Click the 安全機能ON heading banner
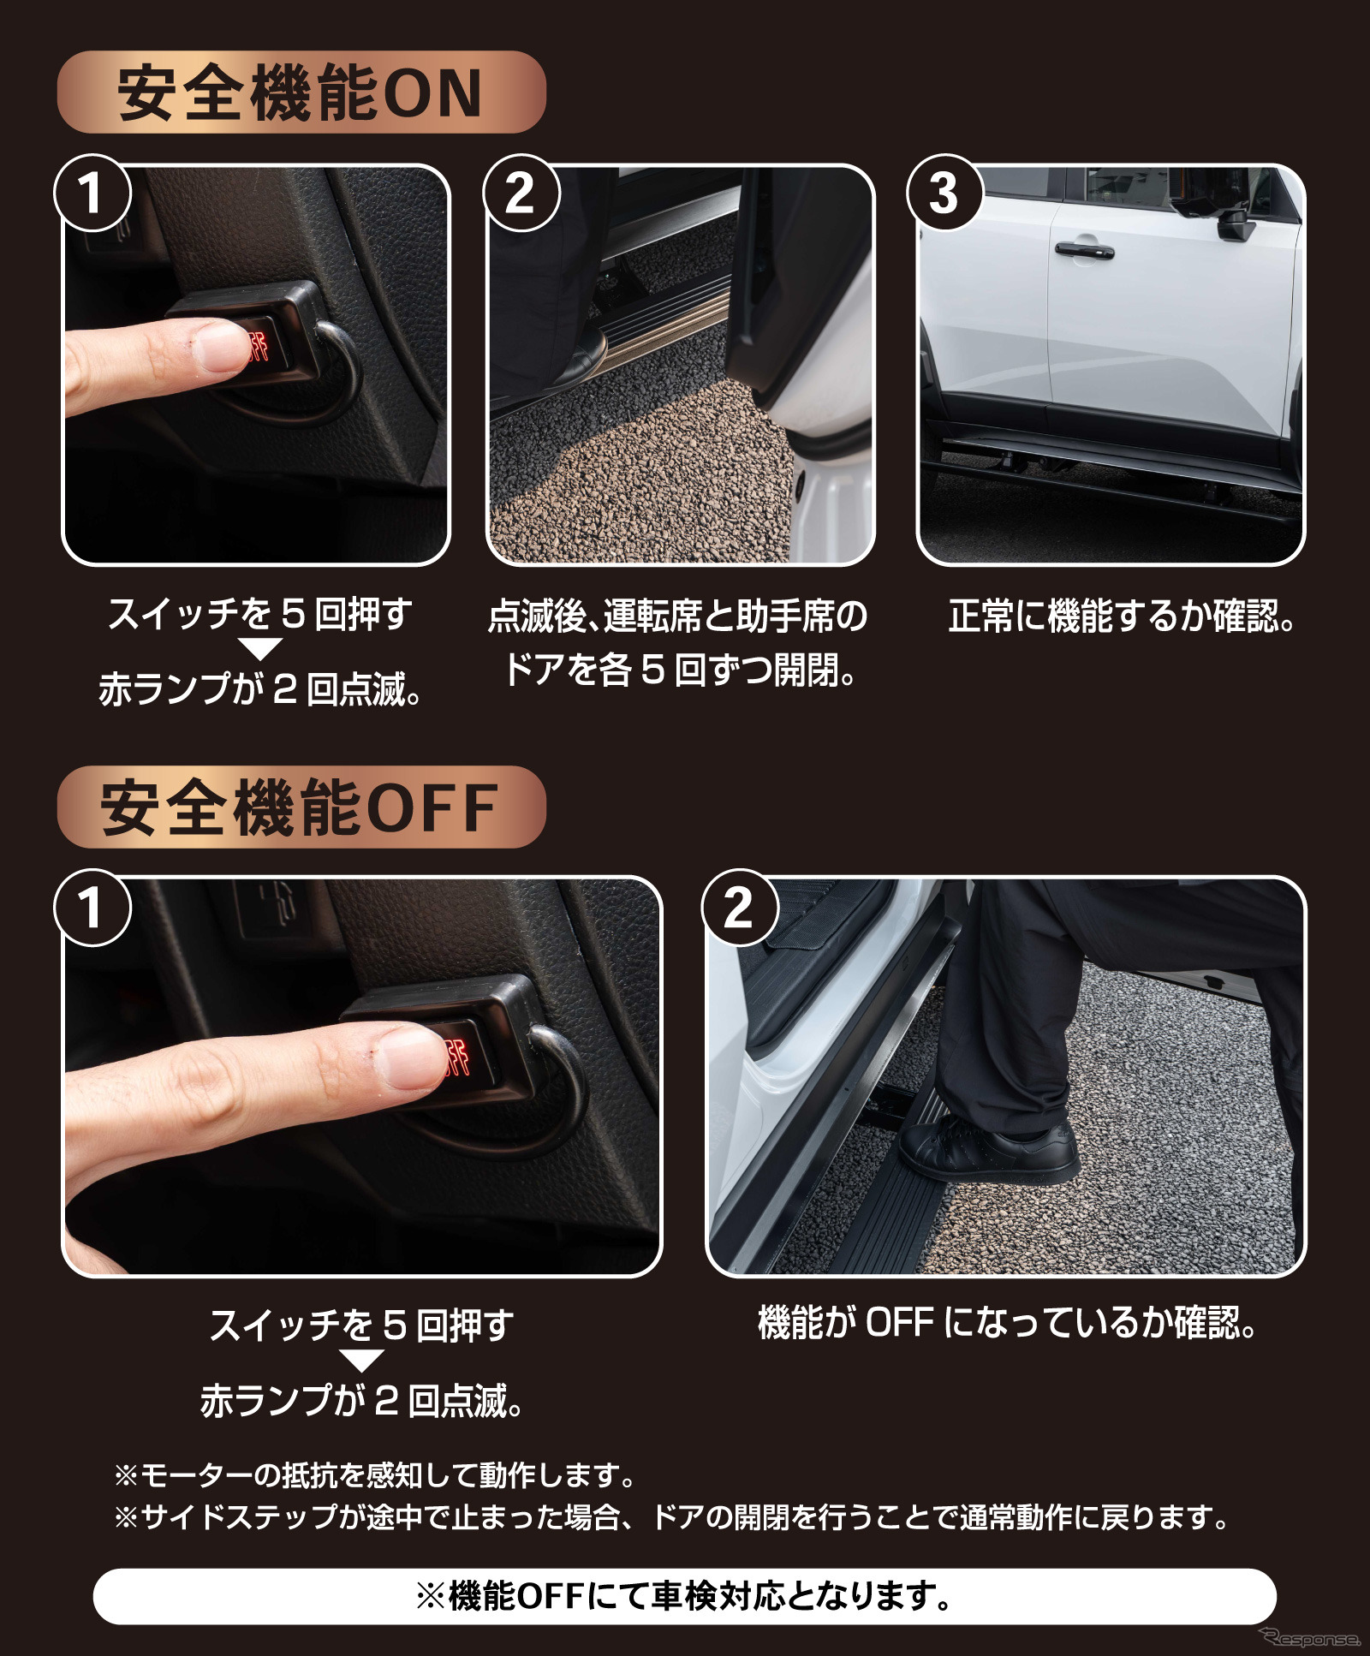pyautogui.click(x=301, y=92)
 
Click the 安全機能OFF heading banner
pyautogui.click(x=301, y=807)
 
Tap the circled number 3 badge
pyautogui.click(x=944, y=193)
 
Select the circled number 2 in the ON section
pyautogui.click(x=521, y=193)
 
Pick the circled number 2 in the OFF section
pyautogui.click(x=740, y=907)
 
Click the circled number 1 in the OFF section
pyautogui.click(x=92, y=907)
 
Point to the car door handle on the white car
pyautogui.click(x=1083, y=249)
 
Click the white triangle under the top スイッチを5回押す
pyautogui.click(x=259, y=648)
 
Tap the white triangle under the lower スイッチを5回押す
pyautogui.click(x=361, y=1361)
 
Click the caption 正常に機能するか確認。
pyautogui.click(x=1122, y=616)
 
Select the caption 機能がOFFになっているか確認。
pyautogui.click(x=1007, y=1323)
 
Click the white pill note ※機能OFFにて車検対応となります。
pyautogui.click(x=684, y=1596)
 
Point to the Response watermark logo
pyautogui.click(x=1310, y=1637)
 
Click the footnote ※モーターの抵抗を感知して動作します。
pyautogui.click(x=374, y=1475)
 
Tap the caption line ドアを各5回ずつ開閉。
pyautogui.click(x=680, y=670)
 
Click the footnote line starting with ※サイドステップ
pyautogui.click(x=671, y=1517)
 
